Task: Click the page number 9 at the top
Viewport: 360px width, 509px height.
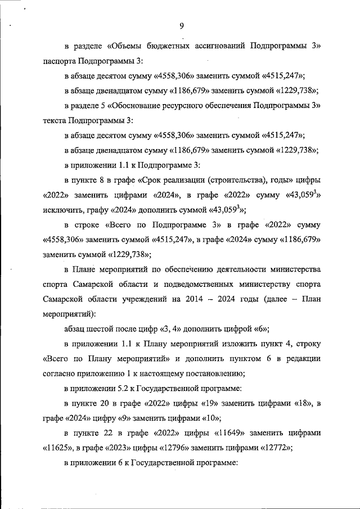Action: pyautogui.click(x=182, y=25)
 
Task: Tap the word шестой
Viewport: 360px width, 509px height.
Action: pyautogui.click(x=103, y=329)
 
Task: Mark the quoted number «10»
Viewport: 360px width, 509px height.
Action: pyautogui.click(x=208, y=418)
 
